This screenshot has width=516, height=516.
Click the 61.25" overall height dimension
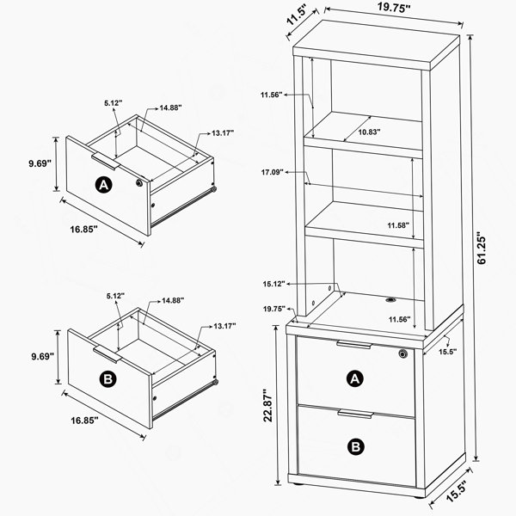(482, 249)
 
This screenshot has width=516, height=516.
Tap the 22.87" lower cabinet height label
(268, 405)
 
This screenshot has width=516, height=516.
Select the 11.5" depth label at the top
(298, 15)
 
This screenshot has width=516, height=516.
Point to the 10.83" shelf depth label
(369, 132)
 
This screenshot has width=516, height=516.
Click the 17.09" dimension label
(273, 172)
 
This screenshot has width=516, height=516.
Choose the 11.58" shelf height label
(398, 225)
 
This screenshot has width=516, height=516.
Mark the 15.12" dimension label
(273, 284)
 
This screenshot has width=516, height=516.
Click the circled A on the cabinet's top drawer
(354, 379)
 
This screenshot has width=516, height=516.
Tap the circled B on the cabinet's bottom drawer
(356, 447)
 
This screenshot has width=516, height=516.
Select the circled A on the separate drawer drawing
(103, 185)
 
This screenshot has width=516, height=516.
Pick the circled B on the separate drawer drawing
(108, 379)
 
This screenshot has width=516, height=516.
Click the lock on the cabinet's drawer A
(402, 353)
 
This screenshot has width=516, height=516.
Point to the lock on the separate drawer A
(139, 182)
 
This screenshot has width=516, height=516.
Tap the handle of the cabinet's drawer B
(355, 414)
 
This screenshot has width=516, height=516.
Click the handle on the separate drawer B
(107, 354)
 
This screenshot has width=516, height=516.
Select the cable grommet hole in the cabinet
(391, 300)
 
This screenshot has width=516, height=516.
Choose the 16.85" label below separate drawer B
(84, 421)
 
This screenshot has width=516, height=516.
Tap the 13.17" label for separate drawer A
(223, 133)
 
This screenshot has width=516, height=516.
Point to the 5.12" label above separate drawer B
(115, 296)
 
